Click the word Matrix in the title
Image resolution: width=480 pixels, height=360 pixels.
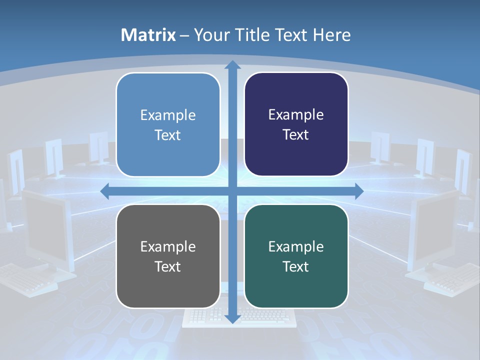(x=148, y=35)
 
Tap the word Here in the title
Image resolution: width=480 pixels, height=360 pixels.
(x=331, y=35)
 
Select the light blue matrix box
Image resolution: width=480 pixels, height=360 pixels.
(x=168, y=124)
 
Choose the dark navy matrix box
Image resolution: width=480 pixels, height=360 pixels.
(x=296, y=124)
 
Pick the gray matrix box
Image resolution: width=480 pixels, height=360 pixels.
(x=168, y=256)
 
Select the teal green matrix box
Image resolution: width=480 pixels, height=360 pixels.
(x=296, y=256)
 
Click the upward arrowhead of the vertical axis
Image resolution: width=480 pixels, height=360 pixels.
(x=232, y=65)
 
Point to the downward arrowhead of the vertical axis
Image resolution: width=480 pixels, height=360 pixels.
(x=232, y=318)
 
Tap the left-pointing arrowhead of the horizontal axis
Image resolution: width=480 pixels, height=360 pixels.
(x=105, y=191)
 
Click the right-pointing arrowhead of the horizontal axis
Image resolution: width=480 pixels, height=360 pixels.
(x=358, y=191)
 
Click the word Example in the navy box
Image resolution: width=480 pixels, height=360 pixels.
(x=296, y=115)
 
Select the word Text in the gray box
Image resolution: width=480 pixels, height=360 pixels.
(x=168, y=266)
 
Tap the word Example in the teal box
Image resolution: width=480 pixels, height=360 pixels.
(x=296, y=246)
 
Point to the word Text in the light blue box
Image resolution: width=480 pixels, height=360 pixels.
(x=168, y=135)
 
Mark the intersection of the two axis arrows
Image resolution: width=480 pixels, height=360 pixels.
(x=232, y=191)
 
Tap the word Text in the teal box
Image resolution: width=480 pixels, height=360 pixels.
(x=296, y=266)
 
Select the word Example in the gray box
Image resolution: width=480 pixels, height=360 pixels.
(x=168, y=246)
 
